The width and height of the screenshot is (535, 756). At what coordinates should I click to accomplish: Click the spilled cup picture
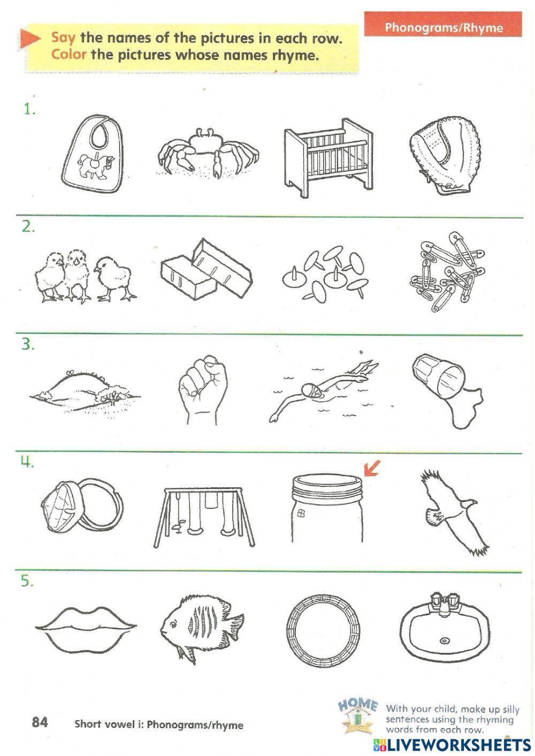click(448, 391)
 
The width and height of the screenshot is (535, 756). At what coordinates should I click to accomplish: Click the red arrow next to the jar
click(372, 469)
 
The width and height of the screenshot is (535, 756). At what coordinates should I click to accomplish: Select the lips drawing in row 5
click(86, 628)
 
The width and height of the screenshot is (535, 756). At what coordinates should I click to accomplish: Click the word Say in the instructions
click(63, 38)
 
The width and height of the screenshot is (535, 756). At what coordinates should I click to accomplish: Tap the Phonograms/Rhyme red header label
click(444, 27)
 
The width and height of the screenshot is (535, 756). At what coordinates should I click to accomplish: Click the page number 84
click(40, 722)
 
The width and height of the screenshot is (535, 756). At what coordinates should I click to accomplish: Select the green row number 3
click(28, 345)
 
